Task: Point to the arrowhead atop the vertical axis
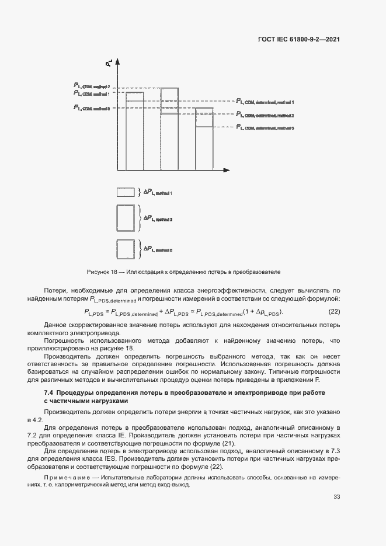pos(119,67)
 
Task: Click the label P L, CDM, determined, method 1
pos(264,102)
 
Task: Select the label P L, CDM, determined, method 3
pos(264,127)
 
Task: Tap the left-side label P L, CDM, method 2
pos(92,86)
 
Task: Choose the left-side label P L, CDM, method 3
pos(92,107)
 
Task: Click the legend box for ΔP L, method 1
pos(126,192)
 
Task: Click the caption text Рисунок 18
pos(102,272)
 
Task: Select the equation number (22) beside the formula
pos(335,312)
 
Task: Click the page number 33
pos(336,496)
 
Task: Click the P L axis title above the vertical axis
pos(109,61)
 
